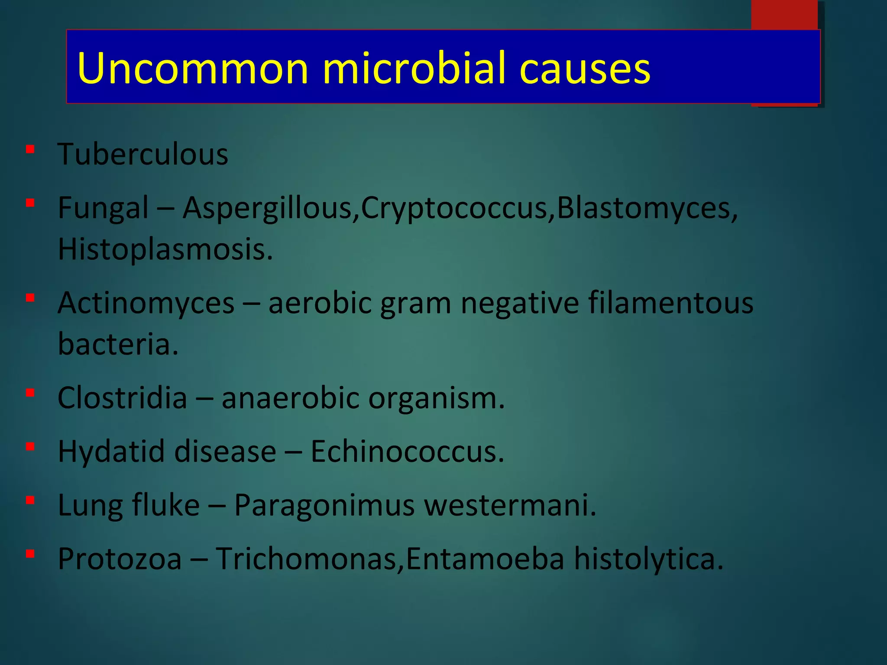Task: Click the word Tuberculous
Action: click(143, 154)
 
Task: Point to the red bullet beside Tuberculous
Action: click(30, 150)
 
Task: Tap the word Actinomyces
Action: click(146, 303)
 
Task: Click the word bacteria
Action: click(118, 344)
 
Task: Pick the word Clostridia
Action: click(122, 398)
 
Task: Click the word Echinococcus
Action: click(407, 452)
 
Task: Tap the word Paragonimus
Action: click(324, 505)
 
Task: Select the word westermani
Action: click(510, 505)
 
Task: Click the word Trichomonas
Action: click(309, 558)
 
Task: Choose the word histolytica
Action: click(648, 558)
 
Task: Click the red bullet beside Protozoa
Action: click(30, 554)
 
